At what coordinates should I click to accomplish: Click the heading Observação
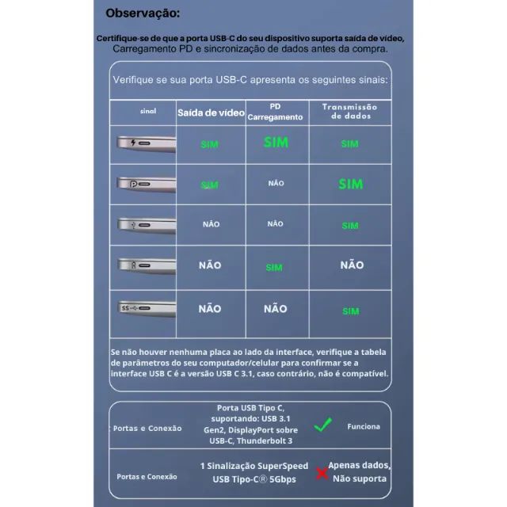tap(143, 13)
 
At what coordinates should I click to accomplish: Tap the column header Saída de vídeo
tap(210, 112)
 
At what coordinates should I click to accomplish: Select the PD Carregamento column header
tap(275, 112)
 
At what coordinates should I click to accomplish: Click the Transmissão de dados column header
tap(349, 112)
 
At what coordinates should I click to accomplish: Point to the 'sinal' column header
tap(147, 112)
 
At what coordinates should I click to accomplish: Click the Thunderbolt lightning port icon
tap(147, 143)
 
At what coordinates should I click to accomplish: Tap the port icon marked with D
tap(147, 183)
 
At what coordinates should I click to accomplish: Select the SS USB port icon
tap(147, 306)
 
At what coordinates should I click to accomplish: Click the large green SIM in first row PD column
tap(276, 143)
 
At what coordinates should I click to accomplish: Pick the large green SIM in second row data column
tap(350, 184)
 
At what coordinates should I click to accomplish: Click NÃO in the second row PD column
tap(275, 183)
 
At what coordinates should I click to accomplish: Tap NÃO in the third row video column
tap(210, 224)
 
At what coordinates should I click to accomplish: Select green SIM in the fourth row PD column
tap(274, 268)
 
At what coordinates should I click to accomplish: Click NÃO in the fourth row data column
tap(352, 265)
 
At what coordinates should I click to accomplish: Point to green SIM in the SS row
tap(350, 311)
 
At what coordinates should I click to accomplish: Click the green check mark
tap(322, 426)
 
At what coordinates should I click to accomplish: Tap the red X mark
tap(322, 474)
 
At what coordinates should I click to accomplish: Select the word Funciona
tap(364, 426)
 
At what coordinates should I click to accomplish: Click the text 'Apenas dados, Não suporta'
tap(359, 471)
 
